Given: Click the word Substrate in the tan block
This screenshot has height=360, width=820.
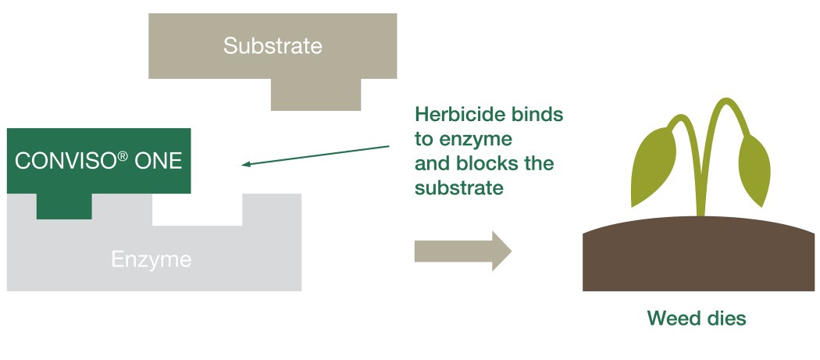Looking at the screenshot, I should [x=272, y=45].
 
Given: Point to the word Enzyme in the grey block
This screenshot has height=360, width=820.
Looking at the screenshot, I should [x=151, y=258].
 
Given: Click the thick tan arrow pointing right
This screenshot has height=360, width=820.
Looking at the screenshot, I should [x=462, y=251].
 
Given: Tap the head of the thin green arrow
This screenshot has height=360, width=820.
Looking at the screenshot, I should [x=245, y=164].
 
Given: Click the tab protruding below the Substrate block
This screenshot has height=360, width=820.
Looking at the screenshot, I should [x=316, y=94].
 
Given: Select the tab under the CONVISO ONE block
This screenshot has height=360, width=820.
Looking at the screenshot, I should [x=64, y=206].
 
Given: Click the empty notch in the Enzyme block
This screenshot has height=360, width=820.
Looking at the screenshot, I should [x=197, y=209].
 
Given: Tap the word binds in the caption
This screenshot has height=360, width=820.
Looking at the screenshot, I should [x=537, y=114].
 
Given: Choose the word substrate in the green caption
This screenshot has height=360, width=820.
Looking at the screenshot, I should [x=458, y=188].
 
